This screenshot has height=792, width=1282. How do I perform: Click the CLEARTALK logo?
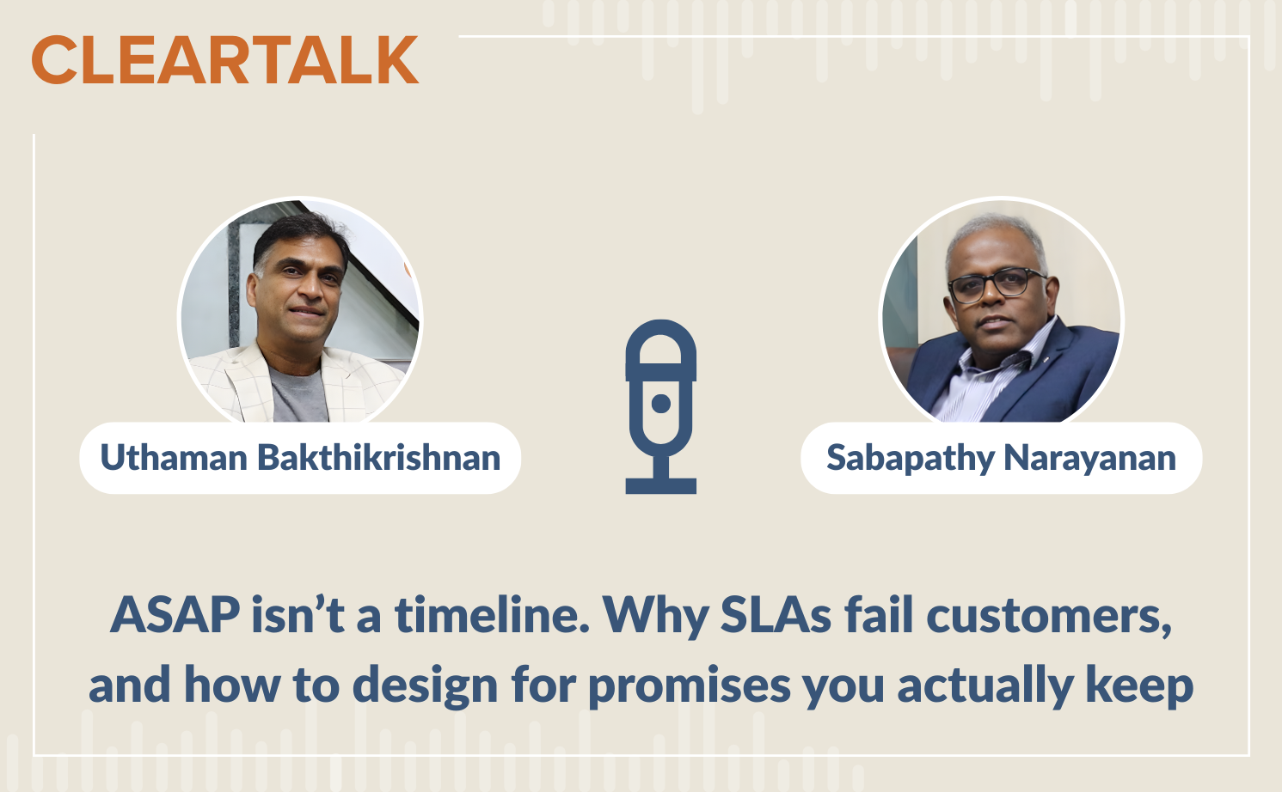tap(225, 61)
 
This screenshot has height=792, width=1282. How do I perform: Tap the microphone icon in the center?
tap(660, 404)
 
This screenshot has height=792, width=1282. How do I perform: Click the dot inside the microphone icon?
tap(660, 404)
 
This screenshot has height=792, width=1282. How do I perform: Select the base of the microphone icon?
tap(660, 486)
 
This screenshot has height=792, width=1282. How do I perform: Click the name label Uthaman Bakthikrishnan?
tap(300, 458)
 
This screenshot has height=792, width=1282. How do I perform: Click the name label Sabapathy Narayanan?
tap(1001, 458)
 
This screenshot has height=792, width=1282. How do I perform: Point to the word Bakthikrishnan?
tap(379, 458)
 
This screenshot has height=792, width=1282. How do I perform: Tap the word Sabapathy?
tap(910, 458)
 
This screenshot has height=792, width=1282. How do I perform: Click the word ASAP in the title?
tap(175, 615)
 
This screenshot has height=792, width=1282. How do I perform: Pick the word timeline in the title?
tap(492, 615)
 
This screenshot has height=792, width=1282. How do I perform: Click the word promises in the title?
tap(689, 685)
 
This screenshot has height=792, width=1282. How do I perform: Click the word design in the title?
tap(425, 685)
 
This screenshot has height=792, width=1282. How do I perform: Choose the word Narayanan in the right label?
tap(1089, 458)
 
